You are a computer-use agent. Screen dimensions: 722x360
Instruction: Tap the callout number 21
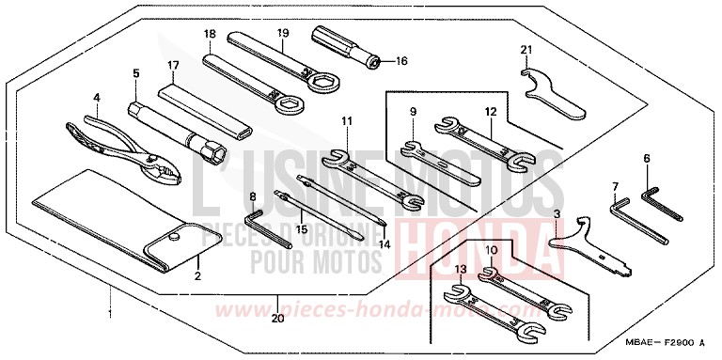(x=526, y=49)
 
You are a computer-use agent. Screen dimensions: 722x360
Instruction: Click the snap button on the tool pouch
(x=176, y=239)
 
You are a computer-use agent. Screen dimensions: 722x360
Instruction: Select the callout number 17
(x=172, y=65)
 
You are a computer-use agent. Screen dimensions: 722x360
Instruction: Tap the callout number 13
(x=460, y=271)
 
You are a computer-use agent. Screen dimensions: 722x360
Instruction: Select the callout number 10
(x=490, y=249)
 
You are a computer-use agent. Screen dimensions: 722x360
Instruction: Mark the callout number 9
(x=411, y=114)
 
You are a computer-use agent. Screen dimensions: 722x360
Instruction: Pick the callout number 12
(x=490, y=113)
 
